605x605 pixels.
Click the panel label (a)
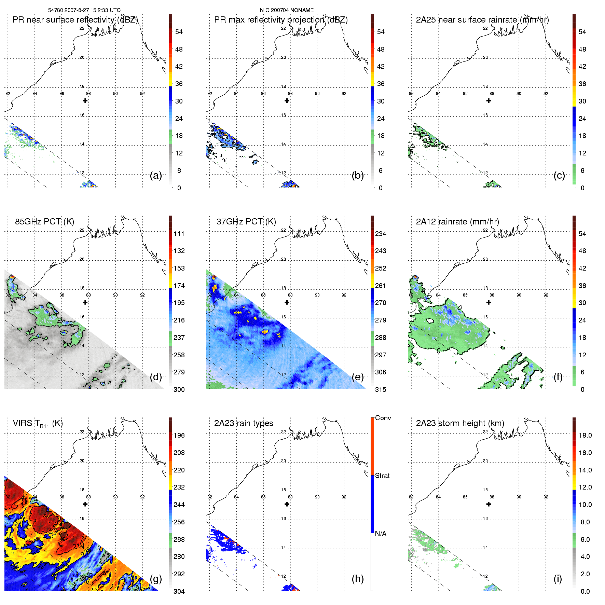(x=156, y=176)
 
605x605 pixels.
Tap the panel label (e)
(x=357, y=377)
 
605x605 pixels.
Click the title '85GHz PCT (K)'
(x=44, y=222)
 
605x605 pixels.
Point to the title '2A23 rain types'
(x=243, y=423)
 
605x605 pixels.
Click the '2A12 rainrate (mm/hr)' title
(x=457, y=222)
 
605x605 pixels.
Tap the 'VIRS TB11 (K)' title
(x=38, y=424)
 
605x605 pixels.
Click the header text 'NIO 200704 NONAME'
(x=287, y=10)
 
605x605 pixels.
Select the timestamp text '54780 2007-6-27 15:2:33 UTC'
(x=84, y=10)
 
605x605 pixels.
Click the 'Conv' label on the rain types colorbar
(x=383, y=418)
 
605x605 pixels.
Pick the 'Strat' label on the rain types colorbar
(x=382, y=476)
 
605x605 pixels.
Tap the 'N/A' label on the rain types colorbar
(x=381, y=534)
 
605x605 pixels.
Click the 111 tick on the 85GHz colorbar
(x=179, y=234)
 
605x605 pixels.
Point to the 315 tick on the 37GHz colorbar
(x=381, y=389)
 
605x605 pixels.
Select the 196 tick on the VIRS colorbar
(x=179, y=435)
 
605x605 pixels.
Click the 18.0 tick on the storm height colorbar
(x=585, y=435)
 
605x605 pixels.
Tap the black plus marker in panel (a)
(x=85, y=100)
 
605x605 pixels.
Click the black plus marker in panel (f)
(x=489, y=302)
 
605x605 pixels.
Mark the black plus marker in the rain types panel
(x=287, y=504)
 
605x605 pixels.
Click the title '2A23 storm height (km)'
(x=460, y=423)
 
